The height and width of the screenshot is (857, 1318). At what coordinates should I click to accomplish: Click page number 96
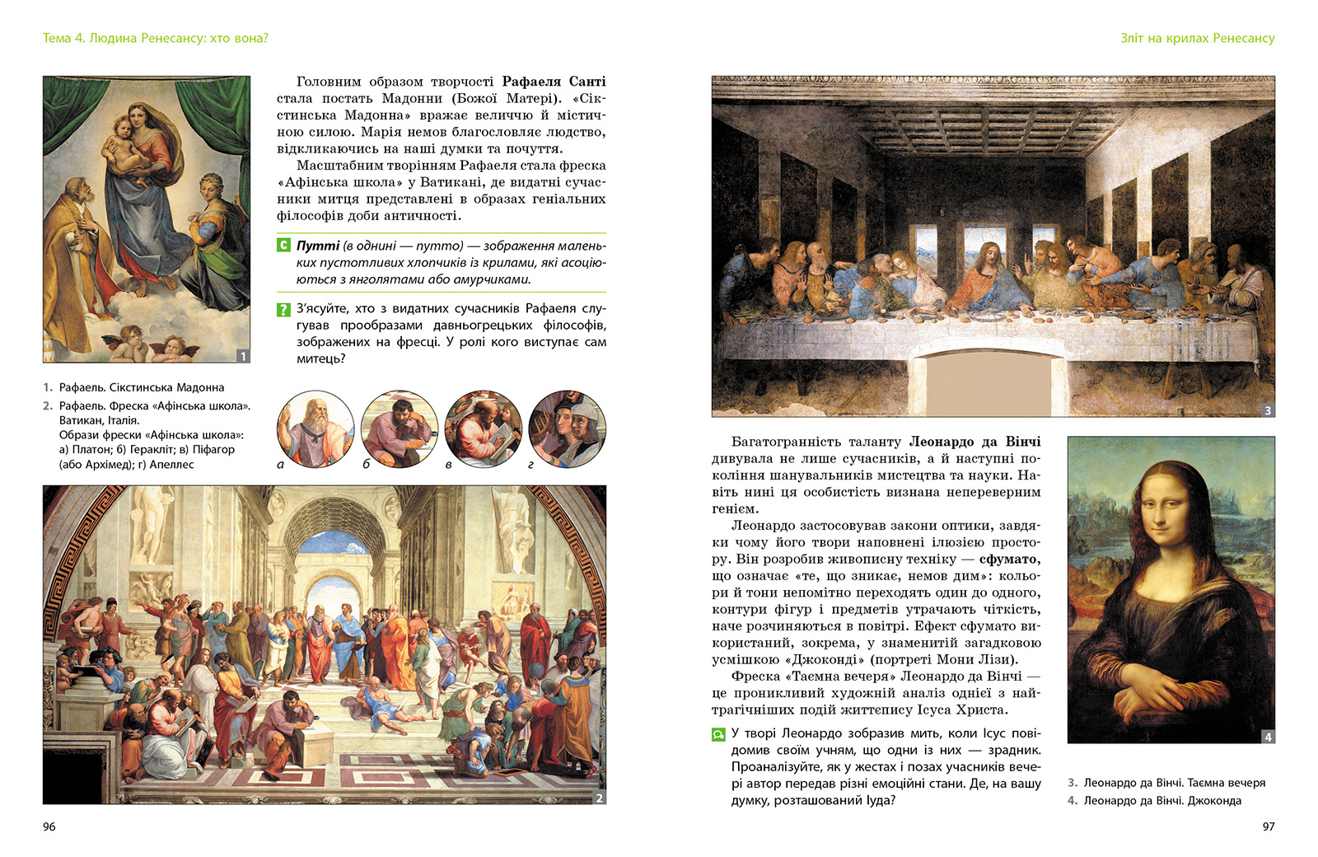(x=49, y=827)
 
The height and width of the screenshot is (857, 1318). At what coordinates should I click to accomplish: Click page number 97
(x=1268, y=827)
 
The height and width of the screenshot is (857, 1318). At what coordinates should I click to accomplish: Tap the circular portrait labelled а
(x=315, y=429)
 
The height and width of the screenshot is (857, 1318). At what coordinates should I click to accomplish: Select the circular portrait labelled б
(x=400, y=429)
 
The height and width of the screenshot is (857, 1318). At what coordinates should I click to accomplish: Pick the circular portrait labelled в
(x=484, y=429)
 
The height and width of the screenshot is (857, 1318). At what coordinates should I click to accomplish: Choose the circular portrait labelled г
(x=568, y=429)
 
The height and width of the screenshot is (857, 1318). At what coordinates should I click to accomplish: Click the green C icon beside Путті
(x=283, y=246)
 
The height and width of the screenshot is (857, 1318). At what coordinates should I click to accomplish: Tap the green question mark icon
(x=283, y=310)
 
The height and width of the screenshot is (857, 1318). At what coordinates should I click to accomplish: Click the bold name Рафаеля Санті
(x=554, y=82)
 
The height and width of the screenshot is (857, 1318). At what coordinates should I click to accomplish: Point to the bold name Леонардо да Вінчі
(x=974, y=442)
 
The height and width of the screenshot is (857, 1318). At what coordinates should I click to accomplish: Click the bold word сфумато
(x=1009, y=559)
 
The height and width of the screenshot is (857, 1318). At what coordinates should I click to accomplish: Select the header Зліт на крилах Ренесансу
(x=1197, y=38)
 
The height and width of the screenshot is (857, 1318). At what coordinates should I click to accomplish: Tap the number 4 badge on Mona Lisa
(x=1268, y=737)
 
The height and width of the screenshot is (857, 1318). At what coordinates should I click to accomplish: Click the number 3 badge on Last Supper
(x=1268, y=410)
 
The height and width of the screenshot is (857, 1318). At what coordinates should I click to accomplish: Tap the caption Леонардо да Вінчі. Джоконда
(x=1161, y=800)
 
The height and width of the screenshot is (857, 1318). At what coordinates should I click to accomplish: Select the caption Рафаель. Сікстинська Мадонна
(x=141, y=387)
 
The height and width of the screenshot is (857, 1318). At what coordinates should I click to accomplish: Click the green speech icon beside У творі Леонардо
(x=718, y=734)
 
